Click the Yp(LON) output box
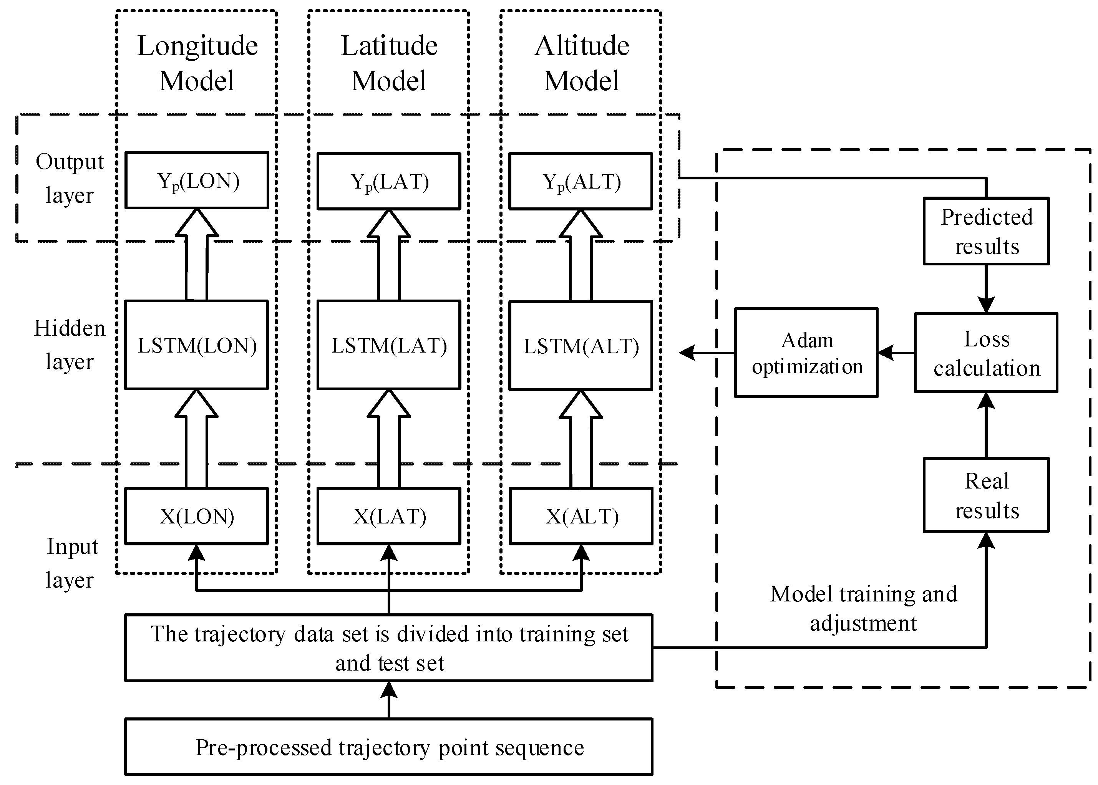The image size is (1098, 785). tap(197, 180)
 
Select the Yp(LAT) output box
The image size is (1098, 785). tap(389, 181)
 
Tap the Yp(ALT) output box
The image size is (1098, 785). tap(581, 181)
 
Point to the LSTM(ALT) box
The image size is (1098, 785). tap(581, 346)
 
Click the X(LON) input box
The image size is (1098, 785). tap(197, 516)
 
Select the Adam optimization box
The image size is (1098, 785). tap(806, 353)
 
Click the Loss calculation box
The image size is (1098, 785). tap(986, 353)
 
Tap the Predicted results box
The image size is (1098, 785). tap(986, 231)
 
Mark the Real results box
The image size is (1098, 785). tap(986, 495)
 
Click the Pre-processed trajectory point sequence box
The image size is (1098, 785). tap(389, 747)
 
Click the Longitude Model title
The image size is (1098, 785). tap(197, 63)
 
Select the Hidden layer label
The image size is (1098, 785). tap(69, 344)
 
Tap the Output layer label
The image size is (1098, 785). tap(69, 178)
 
